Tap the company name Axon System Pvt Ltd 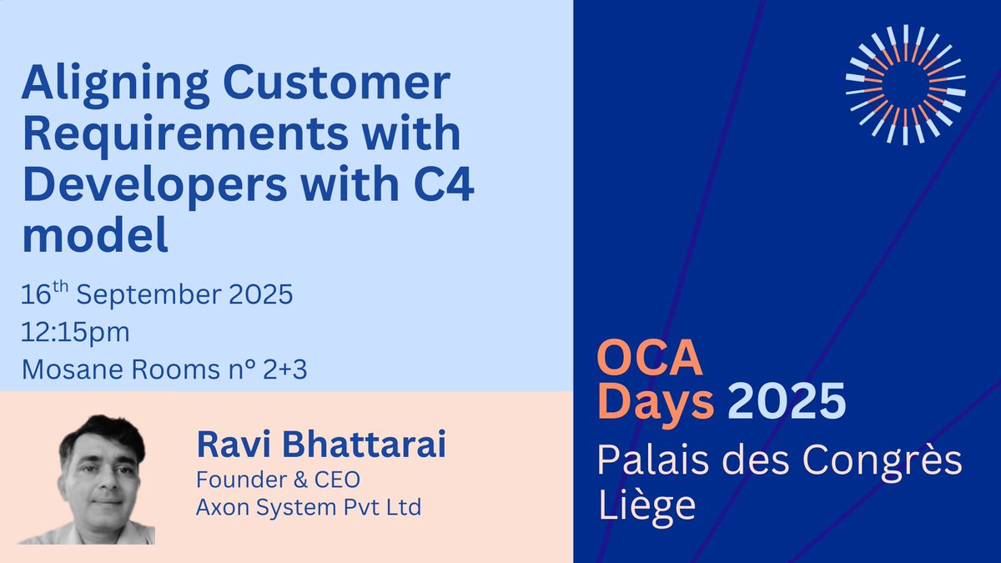308,506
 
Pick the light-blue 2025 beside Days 786,403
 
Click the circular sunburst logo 905,84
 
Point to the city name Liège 646,506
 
